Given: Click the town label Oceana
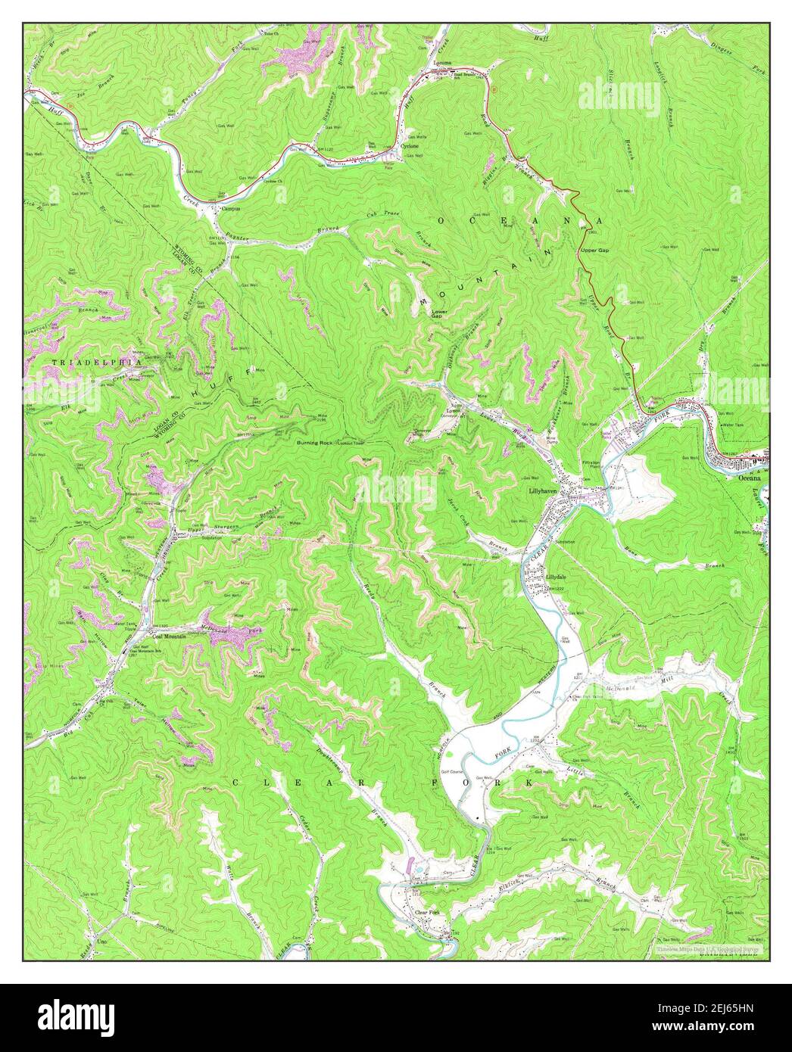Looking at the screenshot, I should (745, 478).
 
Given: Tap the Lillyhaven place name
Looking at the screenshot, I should (541, 490).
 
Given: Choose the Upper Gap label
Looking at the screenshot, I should (594, 249).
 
